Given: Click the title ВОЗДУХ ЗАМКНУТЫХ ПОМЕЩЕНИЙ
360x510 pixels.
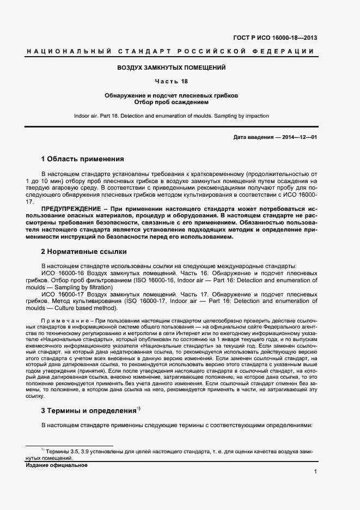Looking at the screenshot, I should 172,68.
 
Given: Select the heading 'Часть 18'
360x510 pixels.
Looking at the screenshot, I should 172,82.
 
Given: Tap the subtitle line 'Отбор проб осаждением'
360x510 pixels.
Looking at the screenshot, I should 172,102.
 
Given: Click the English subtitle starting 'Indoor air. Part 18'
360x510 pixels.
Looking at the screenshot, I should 172,116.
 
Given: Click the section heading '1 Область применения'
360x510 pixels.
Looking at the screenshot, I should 83,159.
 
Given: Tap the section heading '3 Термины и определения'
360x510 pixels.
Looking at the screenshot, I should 88,410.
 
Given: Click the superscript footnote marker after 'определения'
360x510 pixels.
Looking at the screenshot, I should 139,408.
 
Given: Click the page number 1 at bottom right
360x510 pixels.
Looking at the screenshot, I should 315,471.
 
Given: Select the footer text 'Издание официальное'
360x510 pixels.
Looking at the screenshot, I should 57,465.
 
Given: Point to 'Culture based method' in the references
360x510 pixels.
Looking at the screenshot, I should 90,308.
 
